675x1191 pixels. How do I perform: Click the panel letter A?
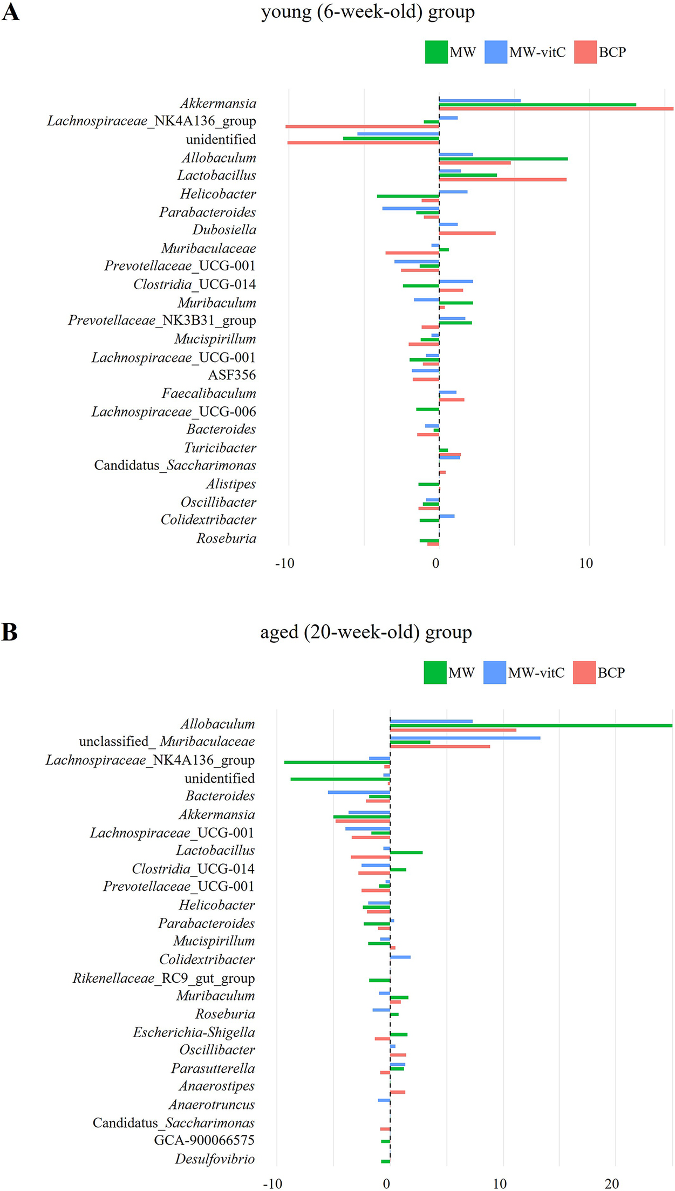11,12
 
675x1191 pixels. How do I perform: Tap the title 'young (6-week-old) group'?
367,12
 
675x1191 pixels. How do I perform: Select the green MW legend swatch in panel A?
436,52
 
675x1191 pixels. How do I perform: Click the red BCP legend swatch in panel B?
584,672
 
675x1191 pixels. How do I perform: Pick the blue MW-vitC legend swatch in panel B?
494,672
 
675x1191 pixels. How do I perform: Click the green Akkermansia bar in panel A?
537,105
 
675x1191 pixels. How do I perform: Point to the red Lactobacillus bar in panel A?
502,180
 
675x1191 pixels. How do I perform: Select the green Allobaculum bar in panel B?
531,726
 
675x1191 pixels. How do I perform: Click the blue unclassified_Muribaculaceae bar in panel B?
465,738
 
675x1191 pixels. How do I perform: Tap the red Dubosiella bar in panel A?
467,233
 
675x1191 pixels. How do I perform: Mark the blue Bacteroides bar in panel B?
359,792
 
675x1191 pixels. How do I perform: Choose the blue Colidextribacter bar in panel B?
400,957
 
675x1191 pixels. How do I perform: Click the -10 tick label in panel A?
284,564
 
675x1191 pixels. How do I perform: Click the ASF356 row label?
232,375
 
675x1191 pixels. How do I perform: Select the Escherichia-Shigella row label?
194,1032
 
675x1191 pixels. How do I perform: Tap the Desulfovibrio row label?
215,1159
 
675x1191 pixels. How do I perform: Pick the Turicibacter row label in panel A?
220,448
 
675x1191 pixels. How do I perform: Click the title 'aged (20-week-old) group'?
366,632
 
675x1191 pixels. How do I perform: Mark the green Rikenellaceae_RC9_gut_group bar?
379,980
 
